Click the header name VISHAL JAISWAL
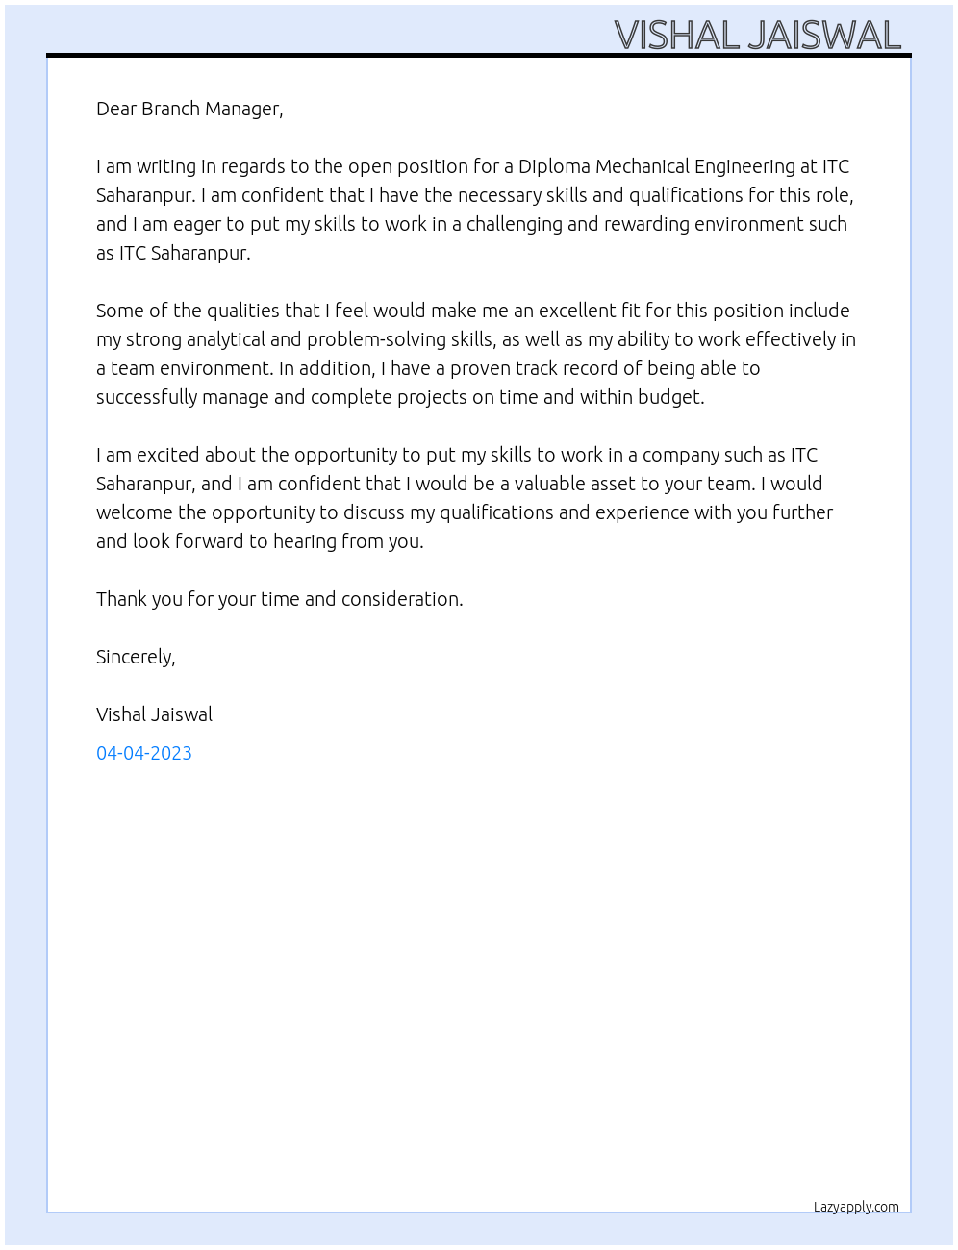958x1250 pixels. click(x=757, y=36)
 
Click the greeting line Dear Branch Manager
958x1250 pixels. click(x=189, y=109)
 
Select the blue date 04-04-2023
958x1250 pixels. click(x=144, y=753)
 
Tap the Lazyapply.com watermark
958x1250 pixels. click(x=856, y=1207)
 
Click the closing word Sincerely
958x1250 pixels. click(x=136, y=657)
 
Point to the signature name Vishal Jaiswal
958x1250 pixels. click(x=154, y=714)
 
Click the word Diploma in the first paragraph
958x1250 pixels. click(x=554, y=166)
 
